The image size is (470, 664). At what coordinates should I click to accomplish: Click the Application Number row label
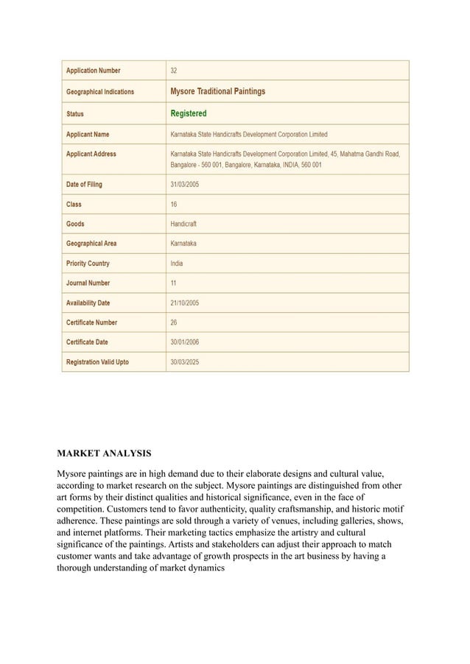pyautogui.click(x=93, y=71)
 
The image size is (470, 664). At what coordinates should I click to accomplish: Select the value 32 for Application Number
pyautogui.click(x=174, y=71)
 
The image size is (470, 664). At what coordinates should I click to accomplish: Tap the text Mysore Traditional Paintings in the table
pyautogui.click(x=217, y=91)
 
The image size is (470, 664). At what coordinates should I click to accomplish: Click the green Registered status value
pyautogui.click(x=189, y=113)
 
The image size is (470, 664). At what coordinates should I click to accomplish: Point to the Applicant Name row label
pyautogui.click(x=88, y=135)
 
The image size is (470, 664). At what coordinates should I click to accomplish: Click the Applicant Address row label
pyautogui.click(x=91, y=154)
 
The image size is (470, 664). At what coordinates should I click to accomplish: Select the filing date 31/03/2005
pyautogui.click(x=184, y=184)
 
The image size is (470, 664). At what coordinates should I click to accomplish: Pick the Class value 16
pyautogui.click(x=174, y=204)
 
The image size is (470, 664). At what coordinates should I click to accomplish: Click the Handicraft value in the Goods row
pyautogui.click(x=183, y=224)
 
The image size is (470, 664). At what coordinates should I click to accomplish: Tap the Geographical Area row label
pyautogui.click(x=91, y=244)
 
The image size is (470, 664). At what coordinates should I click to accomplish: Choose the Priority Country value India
pyautogui.click(x=177, y=264)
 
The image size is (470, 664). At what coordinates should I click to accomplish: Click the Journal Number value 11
pyautogui.click(x=174, y=283)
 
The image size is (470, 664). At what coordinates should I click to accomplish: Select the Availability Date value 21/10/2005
pyautogui.click(x=184, y=303)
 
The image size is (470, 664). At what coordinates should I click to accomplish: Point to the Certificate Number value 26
pyautogui.click(x=174, y=323)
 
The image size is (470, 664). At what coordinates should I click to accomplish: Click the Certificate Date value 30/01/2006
pyautogui.click(x=184, y=342)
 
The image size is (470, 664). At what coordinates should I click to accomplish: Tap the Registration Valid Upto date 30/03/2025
pyautogui.click(x=184, y=362)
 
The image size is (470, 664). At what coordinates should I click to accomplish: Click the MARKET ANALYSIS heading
pyautogui.click(x=105, y=452)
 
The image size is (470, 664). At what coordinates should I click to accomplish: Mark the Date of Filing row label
pyautogui.click(x=84, y=184)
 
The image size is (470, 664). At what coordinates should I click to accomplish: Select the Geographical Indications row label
pyautogui.click(x=100, y=92)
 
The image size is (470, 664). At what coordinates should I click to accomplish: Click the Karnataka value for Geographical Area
pyautogui.click(x=183, y=244)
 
